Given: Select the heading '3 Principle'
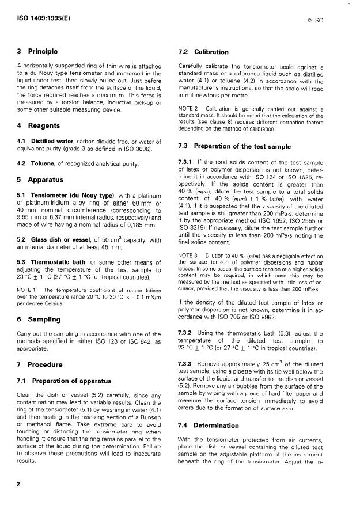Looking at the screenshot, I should click(37, 52).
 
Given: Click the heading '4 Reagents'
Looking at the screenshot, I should click(38, 125).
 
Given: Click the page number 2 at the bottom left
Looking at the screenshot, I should click(19, 484).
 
